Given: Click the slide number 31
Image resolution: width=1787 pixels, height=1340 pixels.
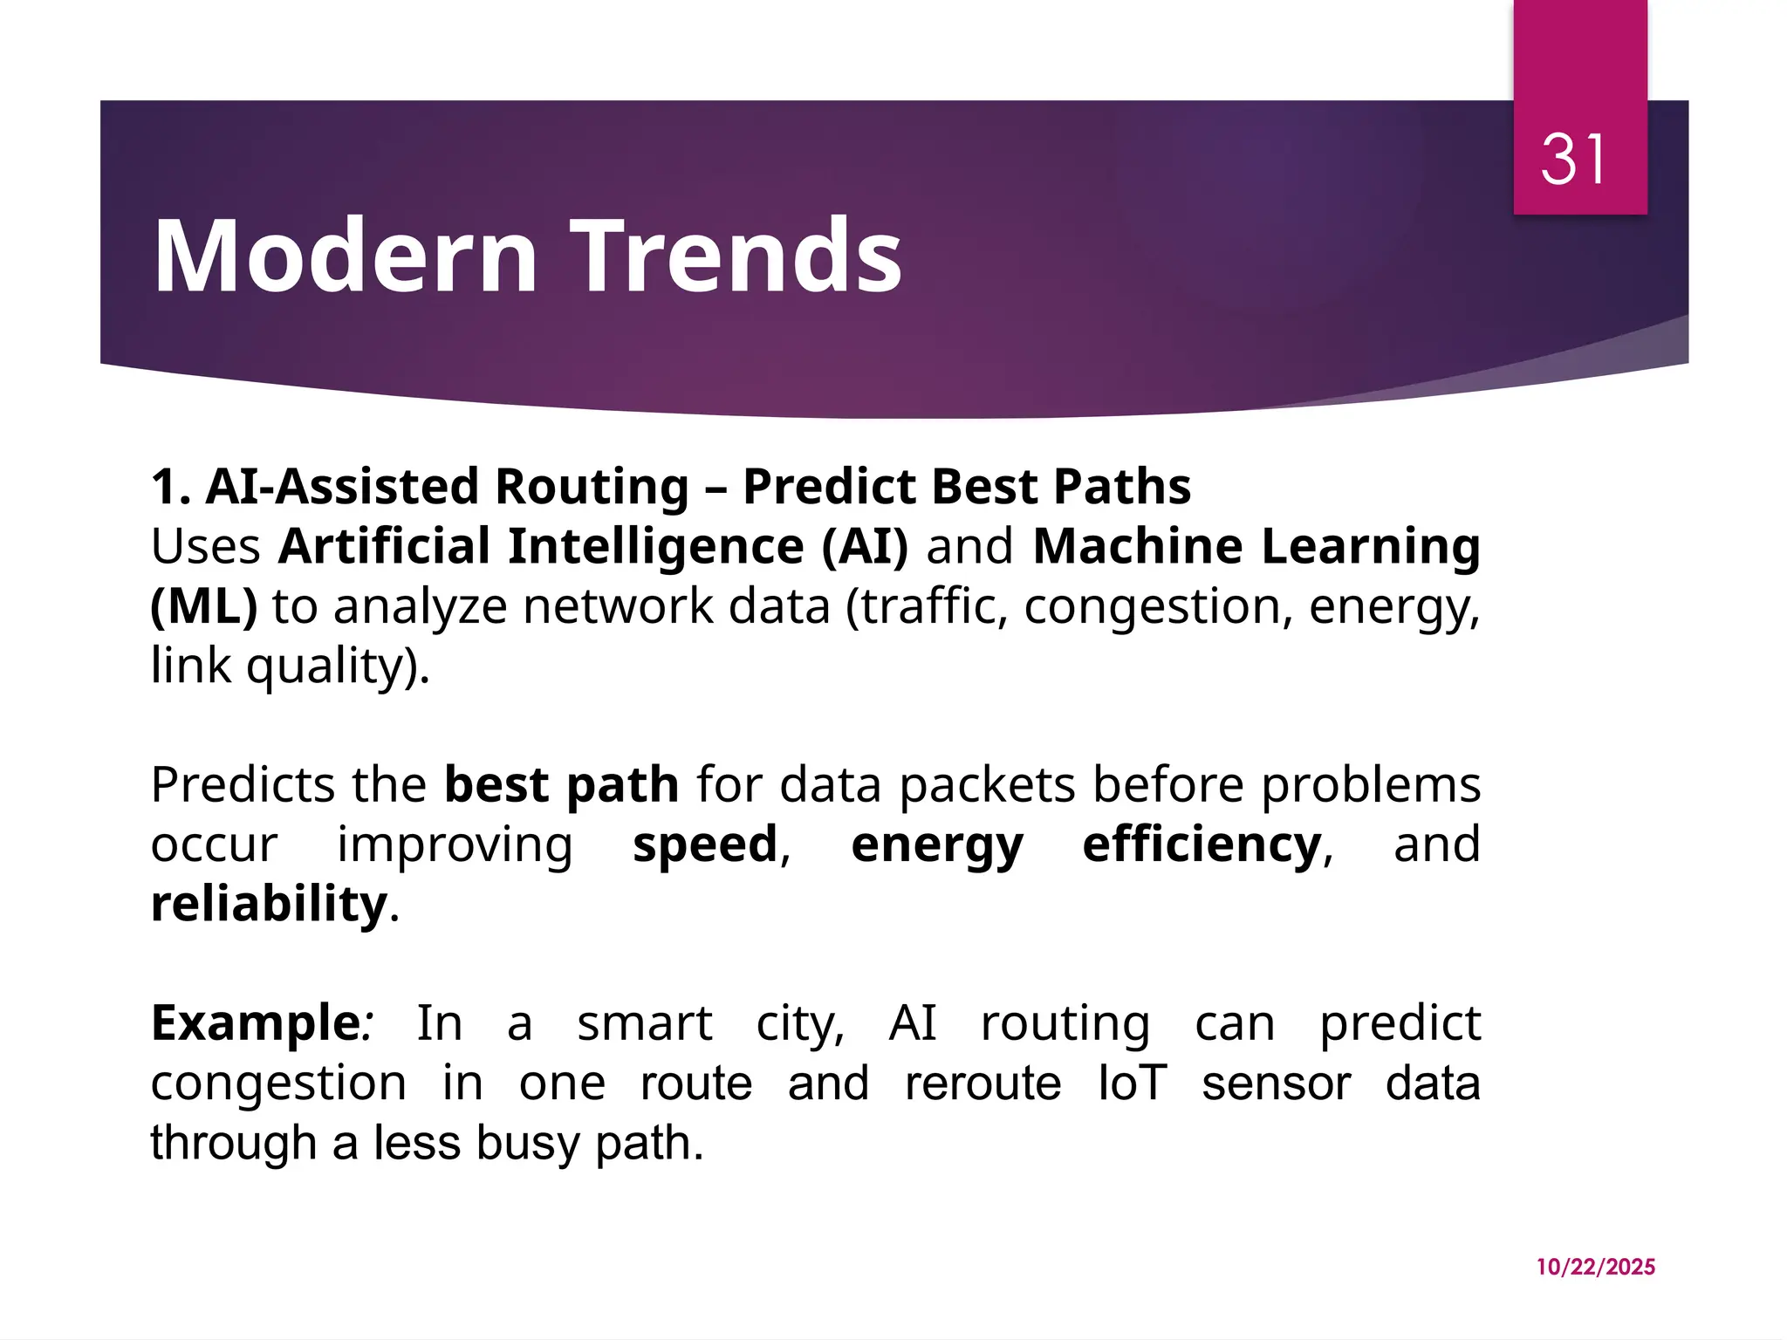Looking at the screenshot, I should (1572, 160).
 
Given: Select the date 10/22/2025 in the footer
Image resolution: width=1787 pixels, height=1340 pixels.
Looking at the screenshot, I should (1595, 1267).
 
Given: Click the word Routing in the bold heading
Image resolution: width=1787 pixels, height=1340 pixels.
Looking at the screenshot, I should (592, 486).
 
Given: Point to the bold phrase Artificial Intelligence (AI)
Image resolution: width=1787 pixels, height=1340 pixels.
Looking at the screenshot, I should (593, 547).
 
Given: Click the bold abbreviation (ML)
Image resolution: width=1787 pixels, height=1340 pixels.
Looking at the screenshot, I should (204, 606).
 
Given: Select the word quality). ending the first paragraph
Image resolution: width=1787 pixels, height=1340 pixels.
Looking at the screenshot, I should (338, 667).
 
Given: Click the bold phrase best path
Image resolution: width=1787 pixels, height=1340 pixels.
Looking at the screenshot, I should (561, 784).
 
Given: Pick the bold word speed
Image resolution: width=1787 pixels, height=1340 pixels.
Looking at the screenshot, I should (705, 844).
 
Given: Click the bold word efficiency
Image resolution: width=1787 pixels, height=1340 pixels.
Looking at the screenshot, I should (1202, 844).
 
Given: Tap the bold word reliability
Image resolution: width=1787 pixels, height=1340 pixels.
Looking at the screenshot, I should (269, 904).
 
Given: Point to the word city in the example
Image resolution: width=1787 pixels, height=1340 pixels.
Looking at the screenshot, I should (796, 1024).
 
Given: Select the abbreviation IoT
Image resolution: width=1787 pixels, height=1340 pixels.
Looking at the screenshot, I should (1132, 1084).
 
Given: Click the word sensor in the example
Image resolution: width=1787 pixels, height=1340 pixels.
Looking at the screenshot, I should (1276, 1084).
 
